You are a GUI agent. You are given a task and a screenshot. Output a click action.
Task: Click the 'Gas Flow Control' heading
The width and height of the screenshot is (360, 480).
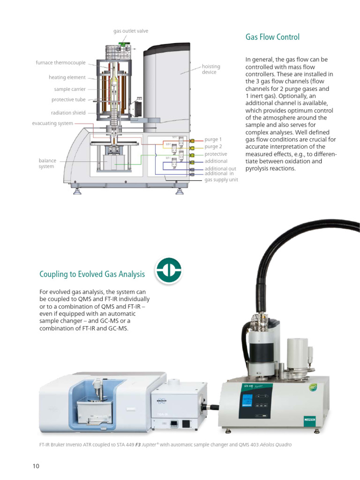272,37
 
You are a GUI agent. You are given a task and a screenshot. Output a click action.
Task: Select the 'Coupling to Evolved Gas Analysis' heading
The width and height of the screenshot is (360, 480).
92,274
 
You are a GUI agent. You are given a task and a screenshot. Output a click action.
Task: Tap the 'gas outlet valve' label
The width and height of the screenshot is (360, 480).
130,31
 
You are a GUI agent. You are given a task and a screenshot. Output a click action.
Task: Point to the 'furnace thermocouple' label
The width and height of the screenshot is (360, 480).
60,62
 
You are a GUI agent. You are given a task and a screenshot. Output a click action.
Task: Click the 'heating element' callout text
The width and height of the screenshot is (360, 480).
67,77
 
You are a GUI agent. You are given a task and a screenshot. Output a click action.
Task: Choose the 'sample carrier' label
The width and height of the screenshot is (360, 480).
70,89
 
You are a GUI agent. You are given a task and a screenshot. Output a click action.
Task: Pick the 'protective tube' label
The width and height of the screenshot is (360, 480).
68,100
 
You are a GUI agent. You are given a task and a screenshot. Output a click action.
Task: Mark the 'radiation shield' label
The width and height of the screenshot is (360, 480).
68,112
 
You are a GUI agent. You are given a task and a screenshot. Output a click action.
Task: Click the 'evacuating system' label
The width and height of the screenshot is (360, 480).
52,123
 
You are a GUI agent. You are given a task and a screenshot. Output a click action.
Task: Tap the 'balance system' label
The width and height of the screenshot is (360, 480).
47,163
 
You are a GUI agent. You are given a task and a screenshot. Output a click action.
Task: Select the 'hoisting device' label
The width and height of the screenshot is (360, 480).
210,69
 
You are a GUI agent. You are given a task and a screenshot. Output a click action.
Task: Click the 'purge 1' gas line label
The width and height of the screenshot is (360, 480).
213,140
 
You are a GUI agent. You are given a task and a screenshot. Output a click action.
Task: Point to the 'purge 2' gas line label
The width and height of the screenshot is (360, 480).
213,147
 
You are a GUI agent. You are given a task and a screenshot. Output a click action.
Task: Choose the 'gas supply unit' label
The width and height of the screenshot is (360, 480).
221,180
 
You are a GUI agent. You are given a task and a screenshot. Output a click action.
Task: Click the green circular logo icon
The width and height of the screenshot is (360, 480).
168,270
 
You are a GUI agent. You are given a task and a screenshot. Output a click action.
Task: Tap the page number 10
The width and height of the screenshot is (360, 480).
36,465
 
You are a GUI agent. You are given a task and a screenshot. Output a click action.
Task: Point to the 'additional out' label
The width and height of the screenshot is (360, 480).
220,169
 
